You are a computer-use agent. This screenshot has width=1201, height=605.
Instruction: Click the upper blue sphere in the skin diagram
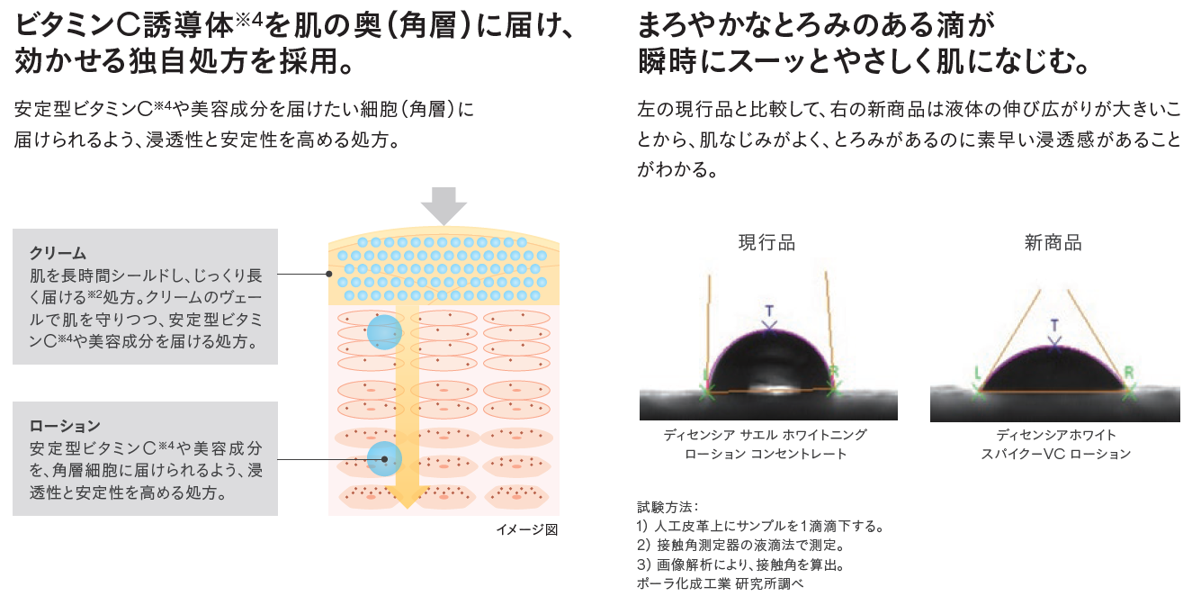383,332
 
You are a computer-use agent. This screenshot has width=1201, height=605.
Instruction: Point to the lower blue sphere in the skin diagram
384,459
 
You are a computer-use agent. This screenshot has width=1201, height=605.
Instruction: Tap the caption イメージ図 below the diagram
527,529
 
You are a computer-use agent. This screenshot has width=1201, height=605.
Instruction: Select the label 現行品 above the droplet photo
766,243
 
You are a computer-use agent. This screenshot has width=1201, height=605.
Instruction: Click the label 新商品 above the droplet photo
1053,243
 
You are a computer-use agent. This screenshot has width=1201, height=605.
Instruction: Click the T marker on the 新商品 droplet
1055,325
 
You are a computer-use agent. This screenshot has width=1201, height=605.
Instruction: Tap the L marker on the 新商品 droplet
977,372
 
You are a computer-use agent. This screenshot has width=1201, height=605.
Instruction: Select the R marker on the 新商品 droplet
1130,372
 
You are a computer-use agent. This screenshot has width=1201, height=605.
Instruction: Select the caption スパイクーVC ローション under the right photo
1055,454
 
